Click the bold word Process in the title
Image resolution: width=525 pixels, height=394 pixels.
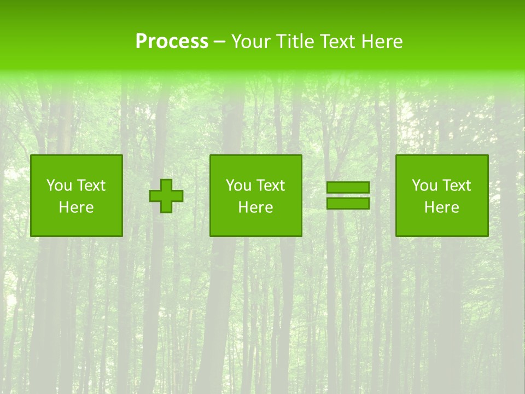coord(172,42)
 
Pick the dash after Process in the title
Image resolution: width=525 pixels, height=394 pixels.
coord(219,42)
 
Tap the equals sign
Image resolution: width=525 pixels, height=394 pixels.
coord(348,195)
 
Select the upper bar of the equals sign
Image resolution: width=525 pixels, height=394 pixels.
coord(348,188)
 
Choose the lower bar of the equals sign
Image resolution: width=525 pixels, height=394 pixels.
coord(348,203)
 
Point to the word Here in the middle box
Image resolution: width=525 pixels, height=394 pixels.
coord(256,207)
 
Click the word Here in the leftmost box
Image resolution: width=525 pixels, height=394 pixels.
coord(77,207)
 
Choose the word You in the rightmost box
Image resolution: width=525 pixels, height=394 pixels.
coord(424,186)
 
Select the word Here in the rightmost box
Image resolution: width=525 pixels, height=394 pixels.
coord(442,207)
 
